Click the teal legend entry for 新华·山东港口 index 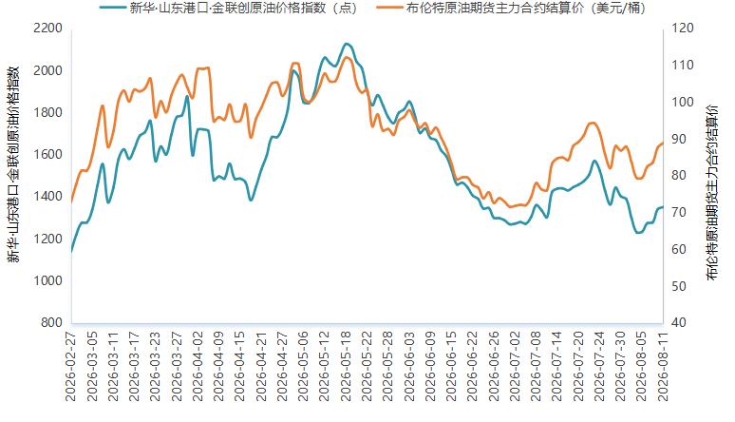tap(229, 8)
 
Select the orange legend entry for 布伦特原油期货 tap(512, 8)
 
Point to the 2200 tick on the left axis tap(47, 29)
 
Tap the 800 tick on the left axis tap(51, 322)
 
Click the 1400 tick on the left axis tap(47, 196)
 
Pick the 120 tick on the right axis tap(683, 29)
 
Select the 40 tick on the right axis tap(679, 322)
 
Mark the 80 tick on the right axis tap(679, 175)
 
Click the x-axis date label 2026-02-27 tap(70, 366)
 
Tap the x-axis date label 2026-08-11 tap(663, 366)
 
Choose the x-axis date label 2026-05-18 tap(346, 366)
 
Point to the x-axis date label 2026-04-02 tap(198, 366)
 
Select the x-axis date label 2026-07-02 tap(515, 366)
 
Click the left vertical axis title tap(13, 164)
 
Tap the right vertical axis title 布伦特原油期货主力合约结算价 tap(712, 192)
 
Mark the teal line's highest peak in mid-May tap(347, 44)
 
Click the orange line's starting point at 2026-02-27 tap(72, 202)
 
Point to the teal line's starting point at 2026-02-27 tap(72, 252)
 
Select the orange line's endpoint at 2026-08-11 tap(663, 143)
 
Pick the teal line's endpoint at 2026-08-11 tap(663, 207)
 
